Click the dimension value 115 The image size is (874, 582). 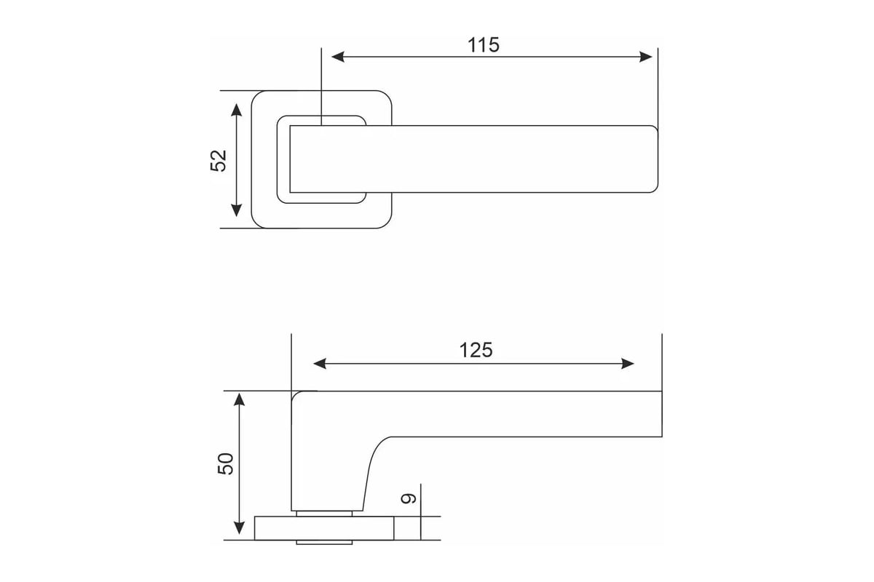click(484, 45)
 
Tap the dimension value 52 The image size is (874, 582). click(219, 160)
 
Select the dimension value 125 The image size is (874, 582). click(476, 350)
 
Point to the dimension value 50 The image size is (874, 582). click(226, 463)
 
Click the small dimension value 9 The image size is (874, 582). click(409, 498)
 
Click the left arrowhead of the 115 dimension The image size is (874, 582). click(338, 57)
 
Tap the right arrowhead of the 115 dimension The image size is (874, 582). click(646, 57)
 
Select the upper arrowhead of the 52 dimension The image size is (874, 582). click(236, 111)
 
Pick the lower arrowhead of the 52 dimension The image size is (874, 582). click(236, 210)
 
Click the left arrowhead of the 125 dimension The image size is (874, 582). click(320, 364)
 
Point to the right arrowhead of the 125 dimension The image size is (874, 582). click(627, 364)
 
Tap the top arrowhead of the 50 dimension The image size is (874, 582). click(239, 399)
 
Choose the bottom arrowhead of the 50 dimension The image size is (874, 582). click(239, 528)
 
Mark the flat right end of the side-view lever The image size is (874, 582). click(662, 414)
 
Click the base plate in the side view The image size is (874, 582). click(324, 528)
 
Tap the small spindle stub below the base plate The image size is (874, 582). click(324, 542)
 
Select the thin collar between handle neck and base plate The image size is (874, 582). click(324, 514)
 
